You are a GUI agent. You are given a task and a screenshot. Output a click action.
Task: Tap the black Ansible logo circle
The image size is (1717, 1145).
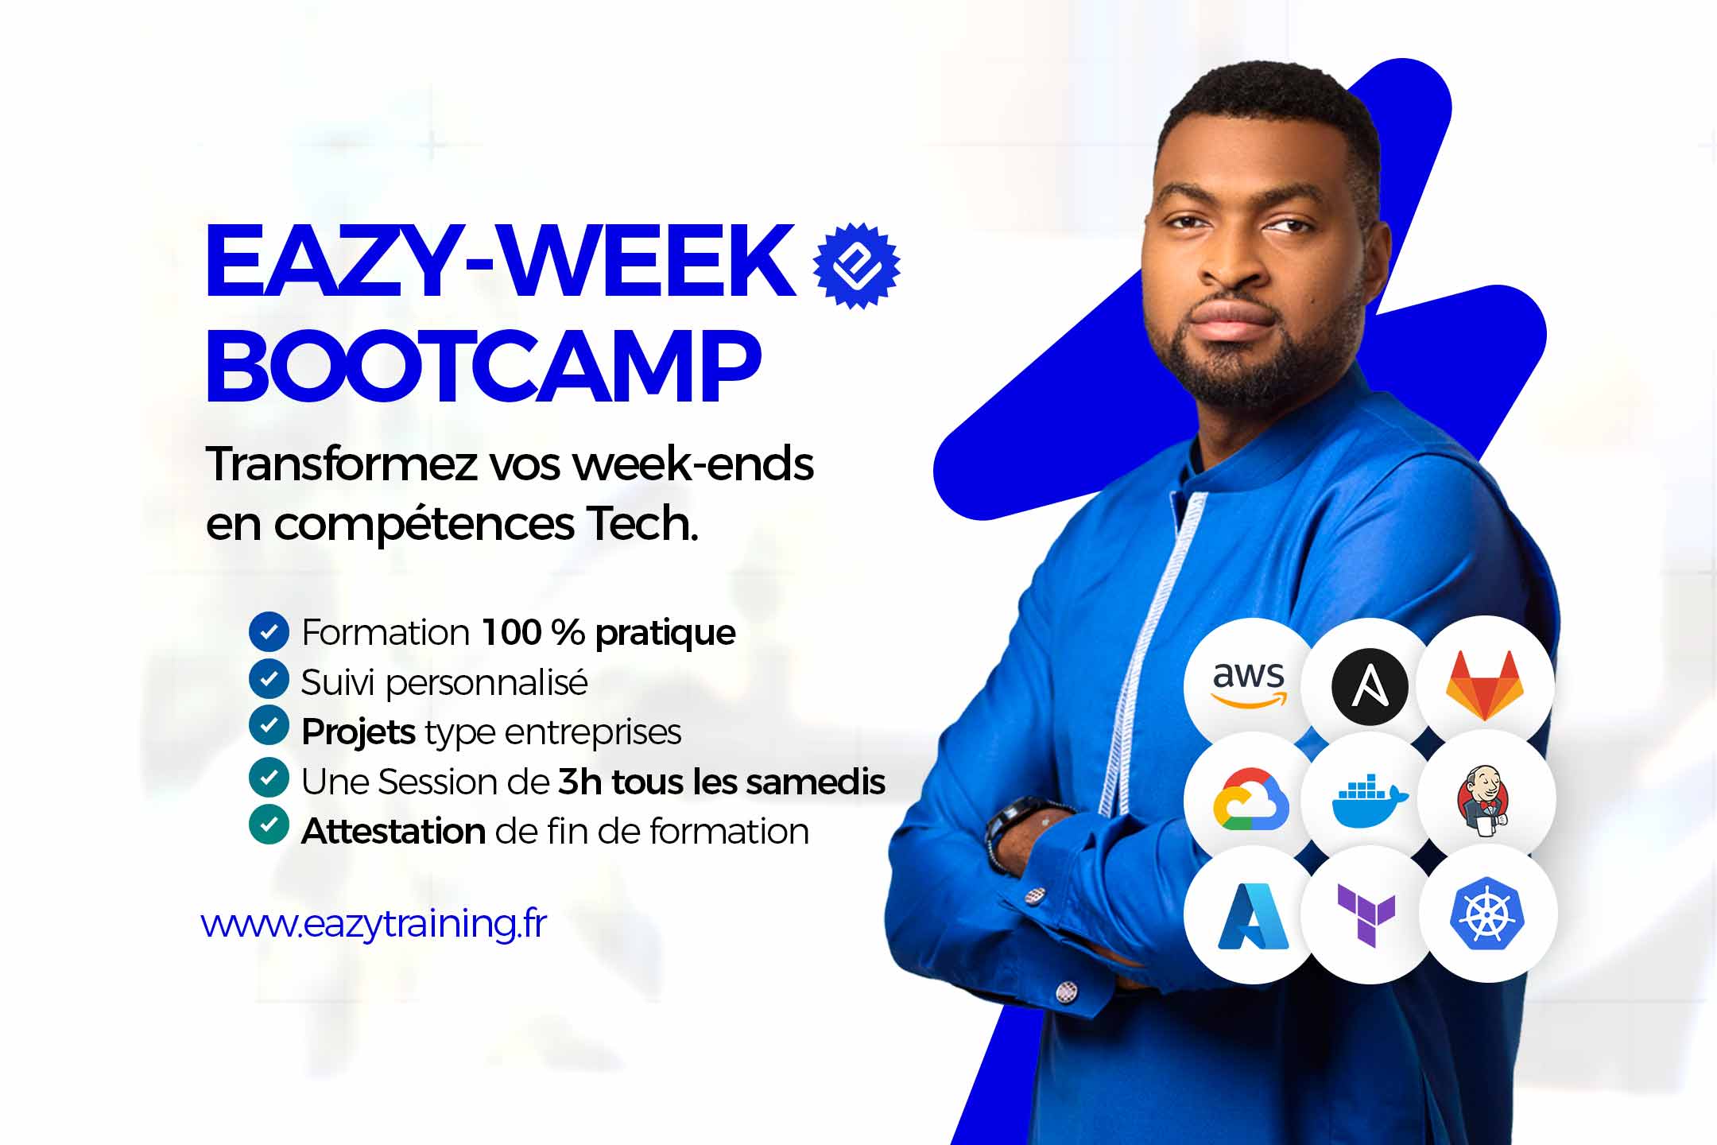pos(1369,685)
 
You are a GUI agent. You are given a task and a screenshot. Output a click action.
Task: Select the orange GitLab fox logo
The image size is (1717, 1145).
pos(1485,685)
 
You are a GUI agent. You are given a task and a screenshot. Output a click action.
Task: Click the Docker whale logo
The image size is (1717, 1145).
pos(1369,802)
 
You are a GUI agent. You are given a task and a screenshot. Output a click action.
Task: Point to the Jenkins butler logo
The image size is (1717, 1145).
pos(1484,800)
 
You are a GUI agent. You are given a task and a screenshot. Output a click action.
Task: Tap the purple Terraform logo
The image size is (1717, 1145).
pos(1366,915)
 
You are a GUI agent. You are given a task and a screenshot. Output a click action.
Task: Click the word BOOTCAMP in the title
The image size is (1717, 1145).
pos(483,367)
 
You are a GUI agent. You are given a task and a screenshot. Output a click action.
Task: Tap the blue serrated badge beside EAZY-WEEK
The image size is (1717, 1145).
pos(856,266)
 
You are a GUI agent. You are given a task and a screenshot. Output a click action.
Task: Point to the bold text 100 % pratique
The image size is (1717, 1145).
pos(608,634)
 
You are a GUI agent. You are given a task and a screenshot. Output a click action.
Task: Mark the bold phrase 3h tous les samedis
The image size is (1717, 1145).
pos(722,782)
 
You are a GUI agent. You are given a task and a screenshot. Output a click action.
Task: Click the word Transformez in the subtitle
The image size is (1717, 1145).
pos(341,464)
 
